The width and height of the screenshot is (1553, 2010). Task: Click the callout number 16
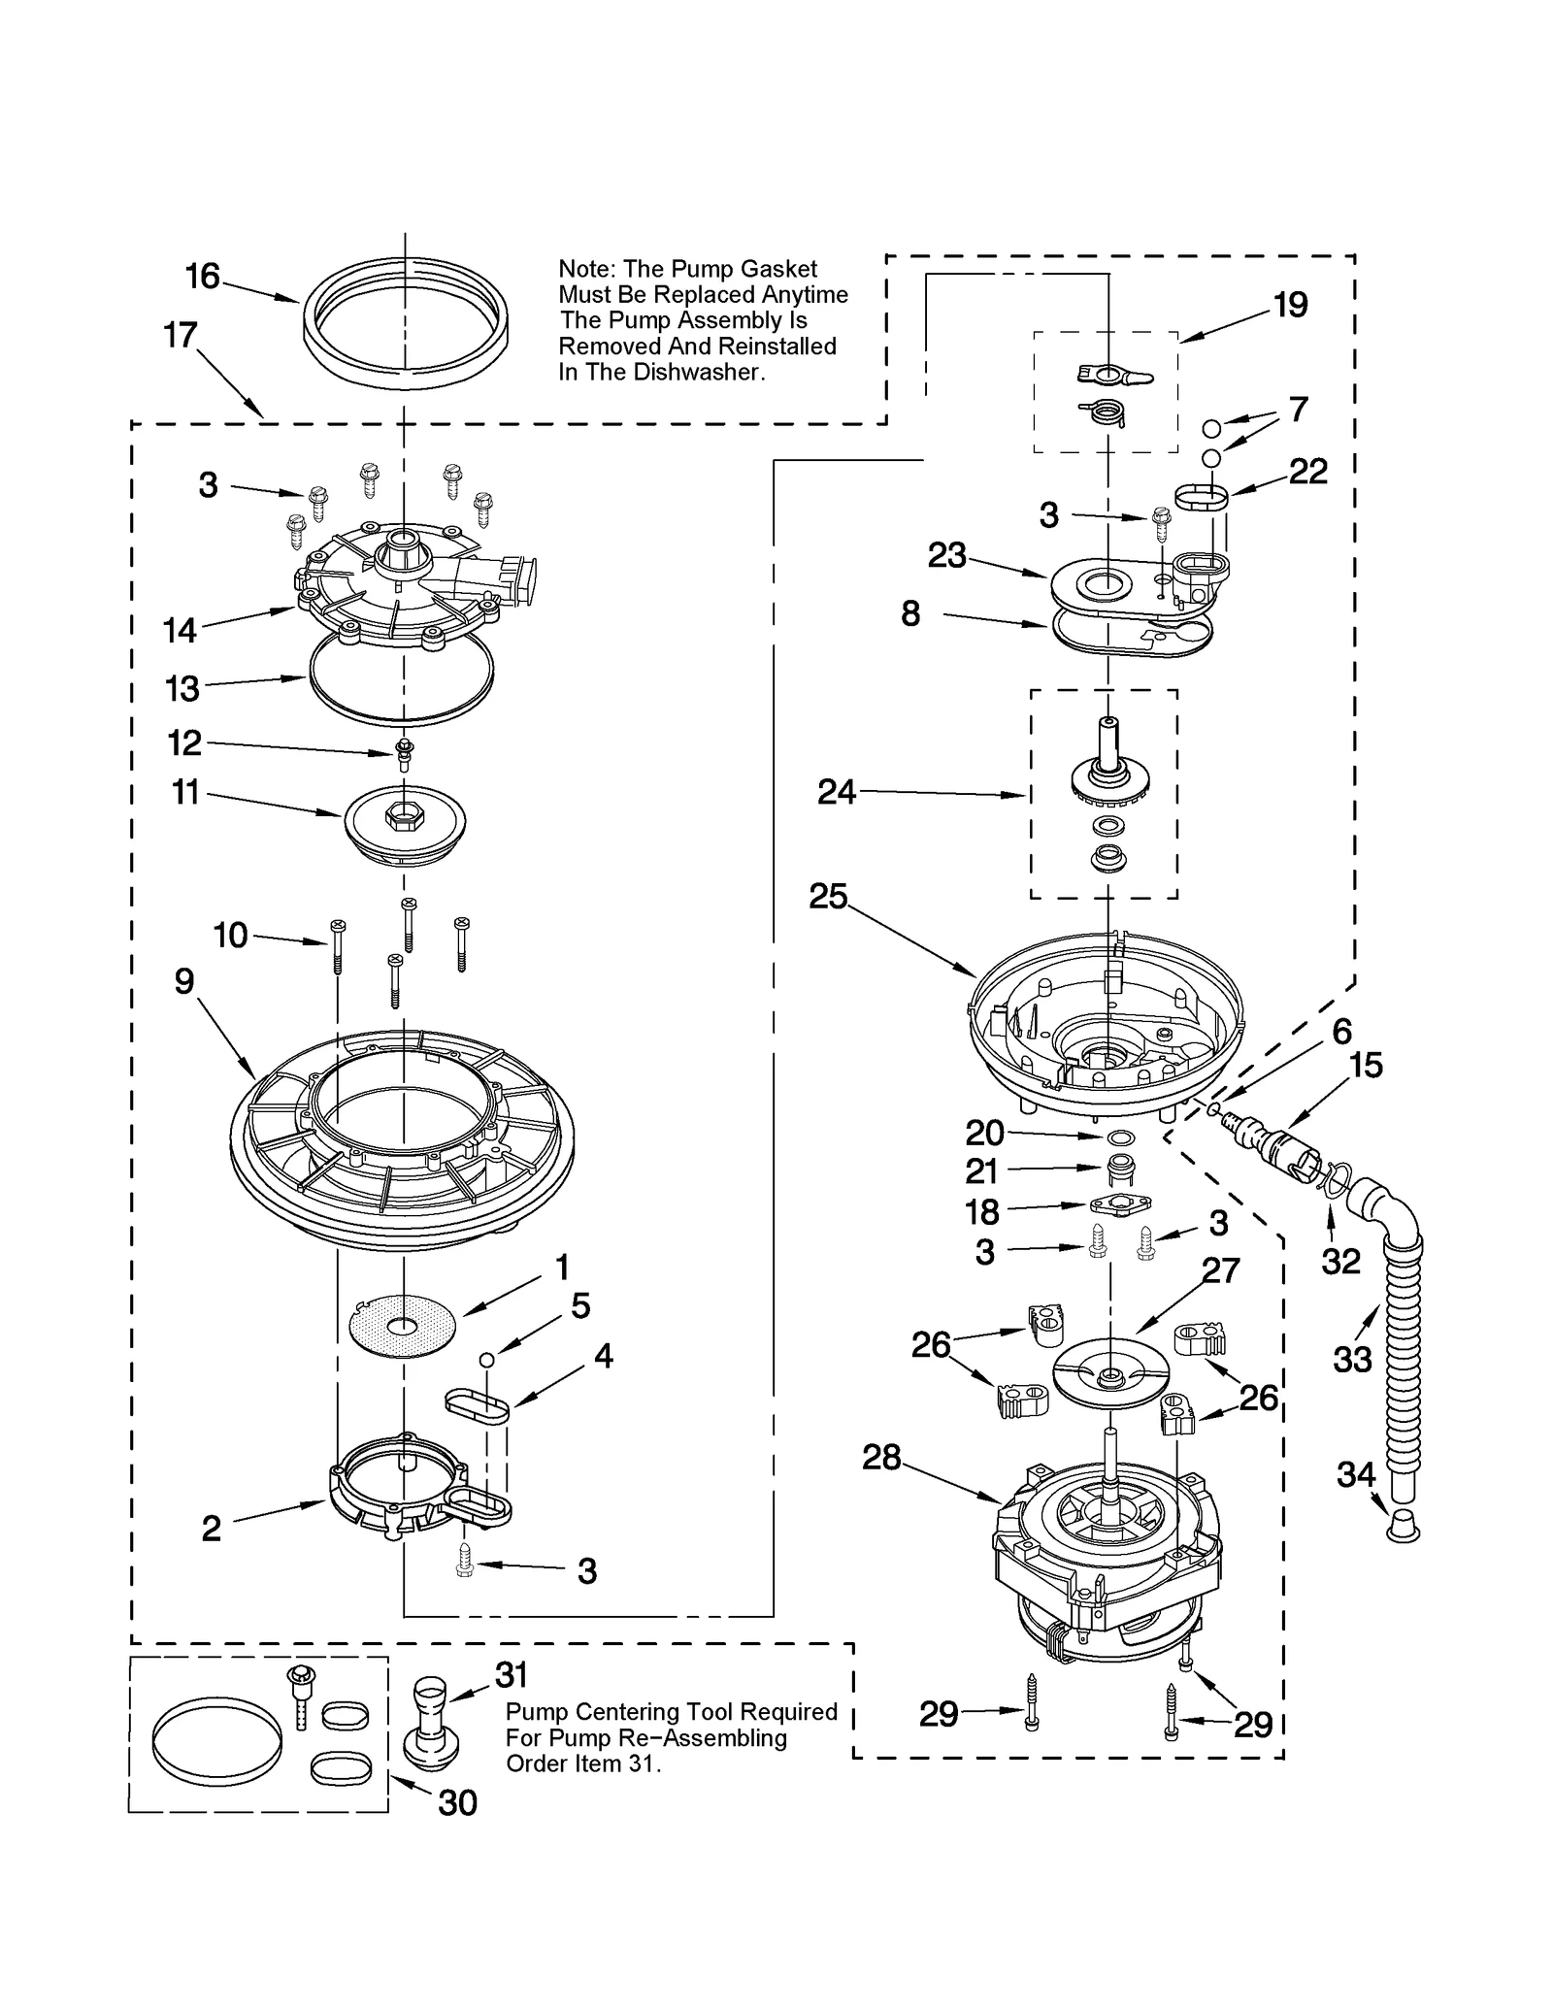203,277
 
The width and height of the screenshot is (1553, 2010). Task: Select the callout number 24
837,792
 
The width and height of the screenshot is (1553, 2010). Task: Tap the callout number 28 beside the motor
881,1457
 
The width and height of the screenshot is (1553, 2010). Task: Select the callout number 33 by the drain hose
1352,1359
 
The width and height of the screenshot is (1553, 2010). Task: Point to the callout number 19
1290,305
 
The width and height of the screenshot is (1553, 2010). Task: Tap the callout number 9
184,981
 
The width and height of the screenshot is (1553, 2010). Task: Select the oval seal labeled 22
1201,497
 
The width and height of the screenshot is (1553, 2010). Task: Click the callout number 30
457,1802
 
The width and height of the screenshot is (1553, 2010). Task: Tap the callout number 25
828,895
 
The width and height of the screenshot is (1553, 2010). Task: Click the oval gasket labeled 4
478,1405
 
